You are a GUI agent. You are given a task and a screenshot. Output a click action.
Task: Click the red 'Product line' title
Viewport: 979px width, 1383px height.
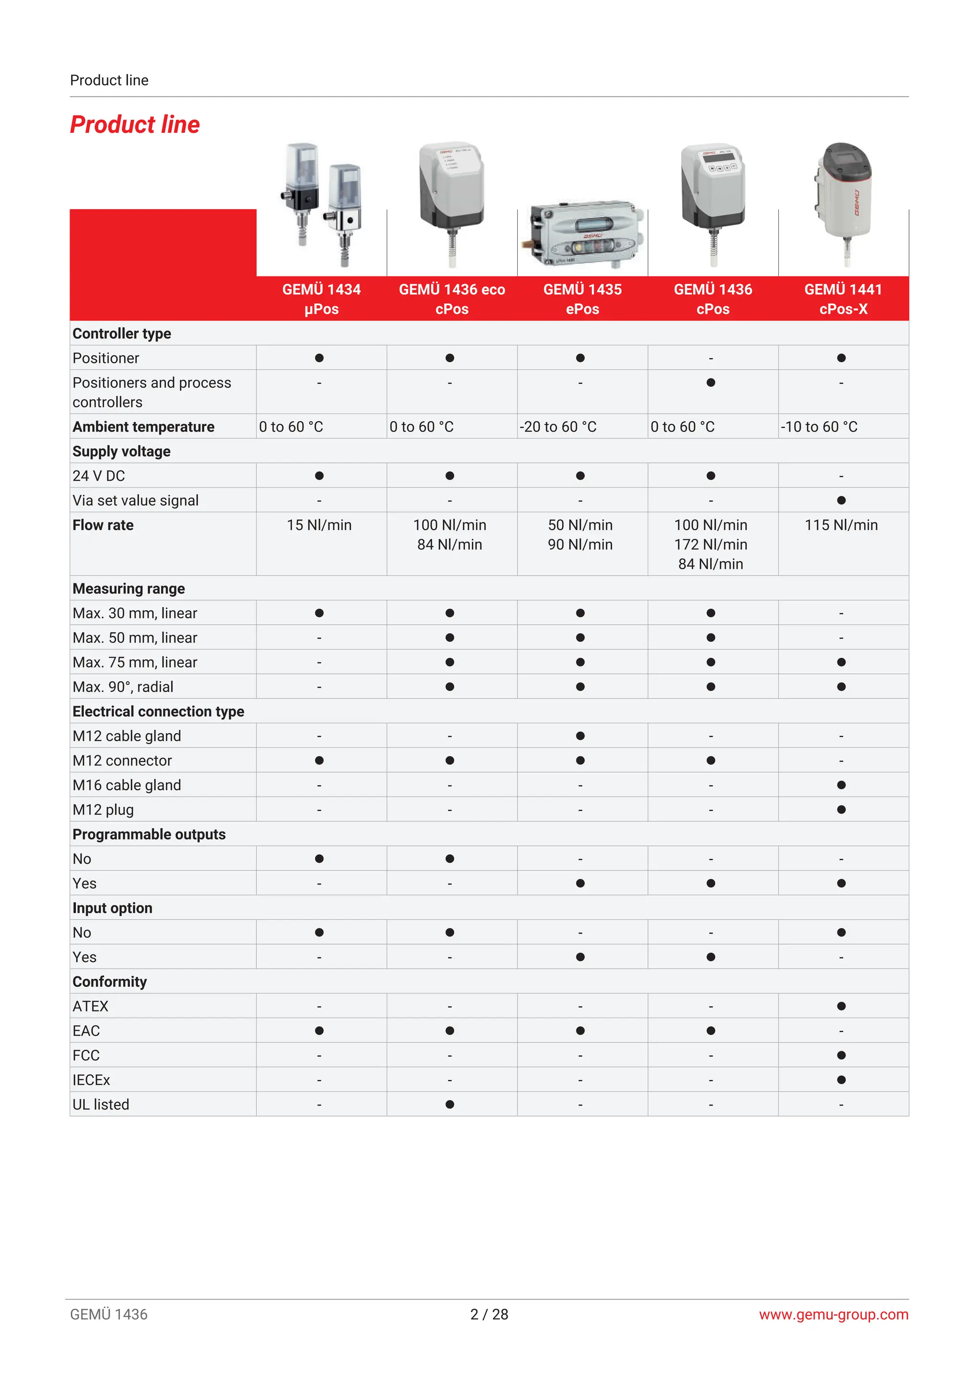point(134,125)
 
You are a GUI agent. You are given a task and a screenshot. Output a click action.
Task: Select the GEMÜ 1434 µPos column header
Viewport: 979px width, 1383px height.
point(321,299)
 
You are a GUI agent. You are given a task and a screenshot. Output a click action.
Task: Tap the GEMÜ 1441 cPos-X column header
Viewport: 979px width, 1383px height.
point(843,299)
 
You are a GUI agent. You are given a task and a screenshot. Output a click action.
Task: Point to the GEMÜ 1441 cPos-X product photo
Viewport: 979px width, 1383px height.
point(843,202)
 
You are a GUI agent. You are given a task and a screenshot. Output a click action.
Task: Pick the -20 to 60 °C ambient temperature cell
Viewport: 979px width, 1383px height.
point(558,427)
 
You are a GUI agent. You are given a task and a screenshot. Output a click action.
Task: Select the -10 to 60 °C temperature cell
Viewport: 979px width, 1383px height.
point(819,427)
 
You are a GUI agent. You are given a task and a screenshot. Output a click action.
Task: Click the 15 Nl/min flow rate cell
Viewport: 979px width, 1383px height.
point(319,525)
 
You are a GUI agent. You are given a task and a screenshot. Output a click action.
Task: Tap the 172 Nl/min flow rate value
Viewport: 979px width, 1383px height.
point(710,544)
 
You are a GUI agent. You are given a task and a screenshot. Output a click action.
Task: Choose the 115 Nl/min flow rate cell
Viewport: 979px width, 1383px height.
point(841,525)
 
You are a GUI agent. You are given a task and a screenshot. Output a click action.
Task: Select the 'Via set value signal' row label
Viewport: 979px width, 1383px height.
point(136,500)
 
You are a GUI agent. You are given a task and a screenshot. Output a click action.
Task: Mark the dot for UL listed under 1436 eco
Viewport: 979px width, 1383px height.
point(450,1104)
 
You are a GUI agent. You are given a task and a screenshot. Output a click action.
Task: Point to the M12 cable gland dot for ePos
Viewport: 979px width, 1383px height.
point(580,736)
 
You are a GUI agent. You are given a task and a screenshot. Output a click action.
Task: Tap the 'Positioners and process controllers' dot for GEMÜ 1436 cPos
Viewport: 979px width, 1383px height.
point(711,383)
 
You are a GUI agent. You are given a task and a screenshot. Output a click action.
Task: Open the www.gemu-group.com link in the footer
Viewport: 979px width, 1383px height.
point(833,1314)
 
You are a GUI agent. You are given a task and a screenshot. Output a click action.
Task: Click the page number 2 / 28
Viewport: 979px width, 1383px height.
point(489,1314)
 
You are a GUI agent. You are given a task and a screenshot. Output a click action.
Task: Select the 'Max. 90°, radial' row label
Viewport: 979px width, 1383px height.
point(123,687)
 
